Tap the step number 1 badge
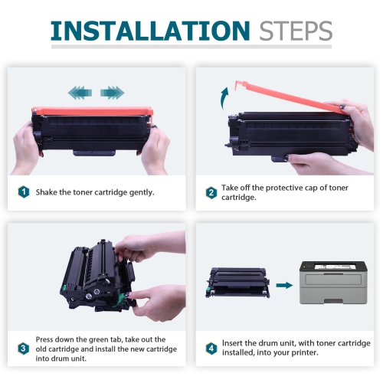[23, 191]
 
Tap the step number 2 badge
[211, 192]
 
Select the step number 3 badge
[23, 348]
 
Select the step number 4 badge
[211, 348]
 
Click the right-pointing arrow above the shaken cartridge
[112, 93]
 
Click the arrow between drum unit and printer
[283, 284]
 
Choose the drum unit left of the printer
[236, 283]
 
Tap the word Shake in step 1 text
[49, 191]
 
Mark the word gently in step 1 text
[140, 191]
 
